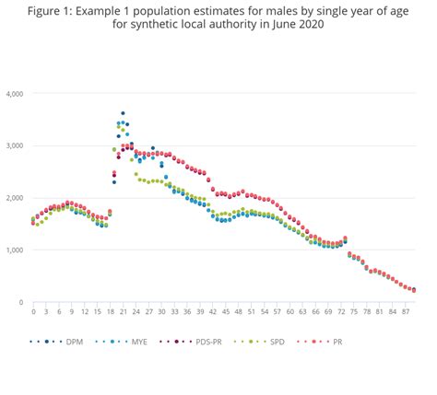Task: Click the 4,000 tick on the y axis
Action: point(14,94)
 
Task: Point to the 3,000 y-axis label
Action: point(14,145)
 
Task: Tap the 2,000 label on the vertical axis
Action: point(14,198)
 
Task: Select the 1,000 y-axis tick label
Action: point(14,250)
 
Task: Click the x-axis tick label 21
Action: point(123,312)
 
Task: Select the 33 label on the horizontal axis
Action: point(174,312)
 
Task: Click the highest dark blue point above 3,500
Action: point(123,113)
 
